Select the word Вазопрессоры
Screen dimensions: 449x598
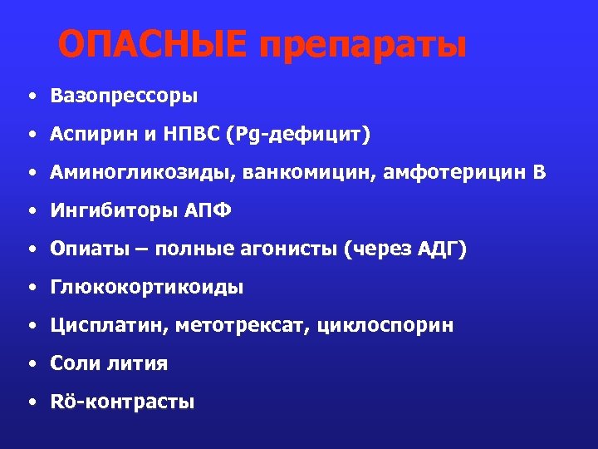point(124,96)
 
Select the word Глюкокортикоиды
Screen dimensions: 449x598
point(147,288)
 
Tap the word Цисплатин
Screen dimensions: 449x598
point(107,326)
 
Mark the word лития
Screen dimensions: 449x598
point(138,363)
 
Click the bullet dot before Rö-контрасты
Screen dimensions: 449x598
point(31,403)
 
